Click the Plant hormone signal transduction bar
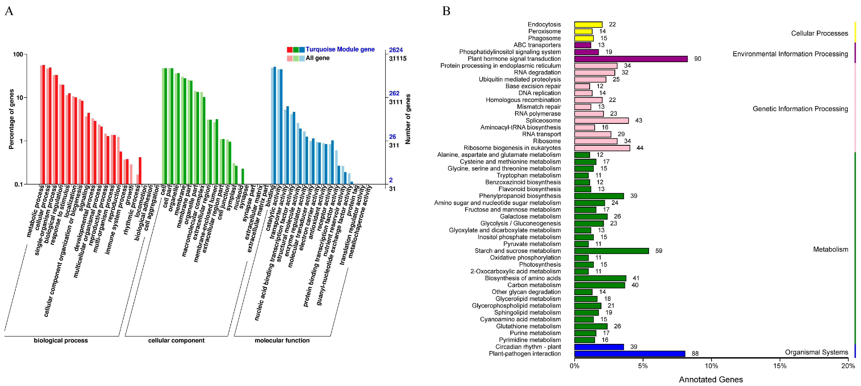(x=631, y=59)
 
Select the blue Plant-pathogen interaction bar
(x=629, y=354)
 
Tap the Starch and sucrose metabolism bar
(x=611, y=251)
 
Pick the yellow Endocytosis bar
(x=588, y=24)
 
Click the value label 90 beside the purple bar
(x=697, y=59)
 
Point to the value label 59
(x=659, y=251)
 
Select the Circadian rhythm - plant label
(x=528, y=347)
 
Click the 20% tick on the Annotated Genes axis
(x=848, y=366)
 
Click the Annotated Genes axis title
(x=710, y=380)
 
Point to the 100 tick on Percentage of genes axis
(x=18, y=54)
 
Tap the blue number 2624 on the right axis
(x=396, y=50)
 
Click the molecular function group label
(x=282, y=341)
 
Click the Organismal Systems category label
(x=816, y=352)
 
